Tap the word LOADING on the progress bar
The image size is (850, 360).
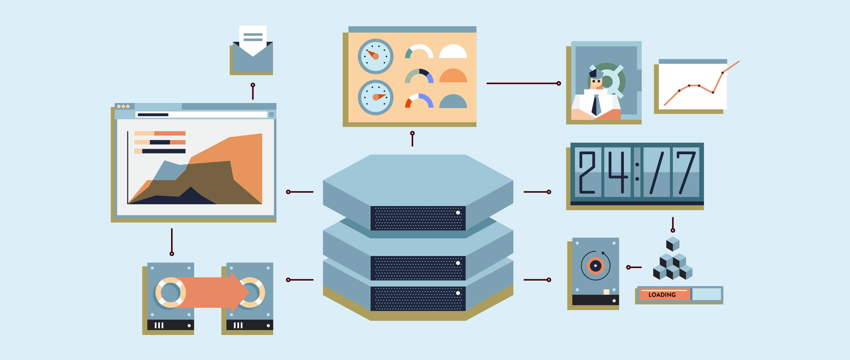662,295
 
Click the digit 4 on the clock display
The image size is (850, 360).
618,172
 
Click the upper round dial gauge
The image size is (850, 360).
375,56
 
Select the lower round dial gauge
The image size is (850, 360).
375,97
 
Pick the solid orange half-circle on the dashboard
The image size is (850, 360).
453,76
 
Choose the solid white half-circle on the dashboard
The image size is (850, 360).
453,51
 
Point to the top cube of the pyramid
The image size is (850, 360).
673,244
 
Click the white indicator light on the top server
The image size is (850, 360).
458,212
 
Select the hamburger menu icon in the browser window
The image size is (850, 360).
272,114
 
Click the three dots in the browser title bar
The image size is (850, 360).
123,106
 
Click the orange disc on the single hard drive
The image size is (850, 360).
595,266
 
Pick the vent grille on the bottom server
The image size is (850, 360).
418,299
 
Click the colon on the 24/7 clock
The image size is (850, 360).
637,172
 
